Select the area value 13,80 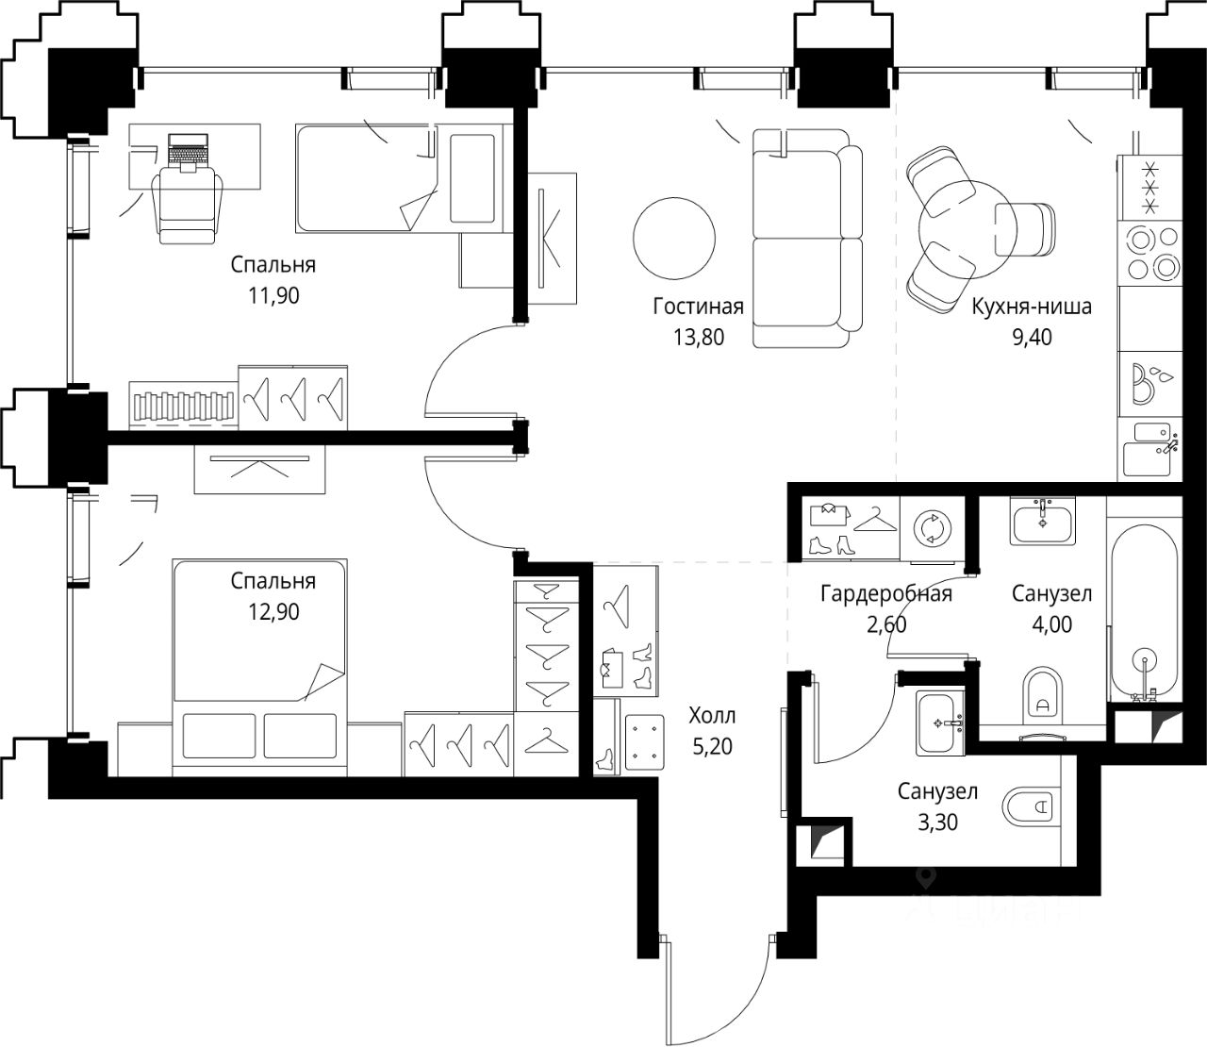click(x=699, y=337)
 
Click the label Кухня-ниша click(x=1032, y=307)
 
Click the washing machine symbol click(x=933, y=529)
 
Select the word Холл click(x=712, y=716)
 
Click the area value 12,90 click(x=273, y=612)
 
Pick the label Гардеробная click(x=886, y=593)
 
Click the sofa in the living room click(x=807, y=239)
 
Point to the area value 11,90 click(x=273, y=295)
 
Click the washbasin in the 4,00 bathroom click(x=1043, y=522)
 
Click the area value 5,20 click(x=712, y=747)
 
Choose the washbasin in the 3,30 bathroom click(x=939, y=723)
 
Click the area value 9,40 click(x=1032, y=337)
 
